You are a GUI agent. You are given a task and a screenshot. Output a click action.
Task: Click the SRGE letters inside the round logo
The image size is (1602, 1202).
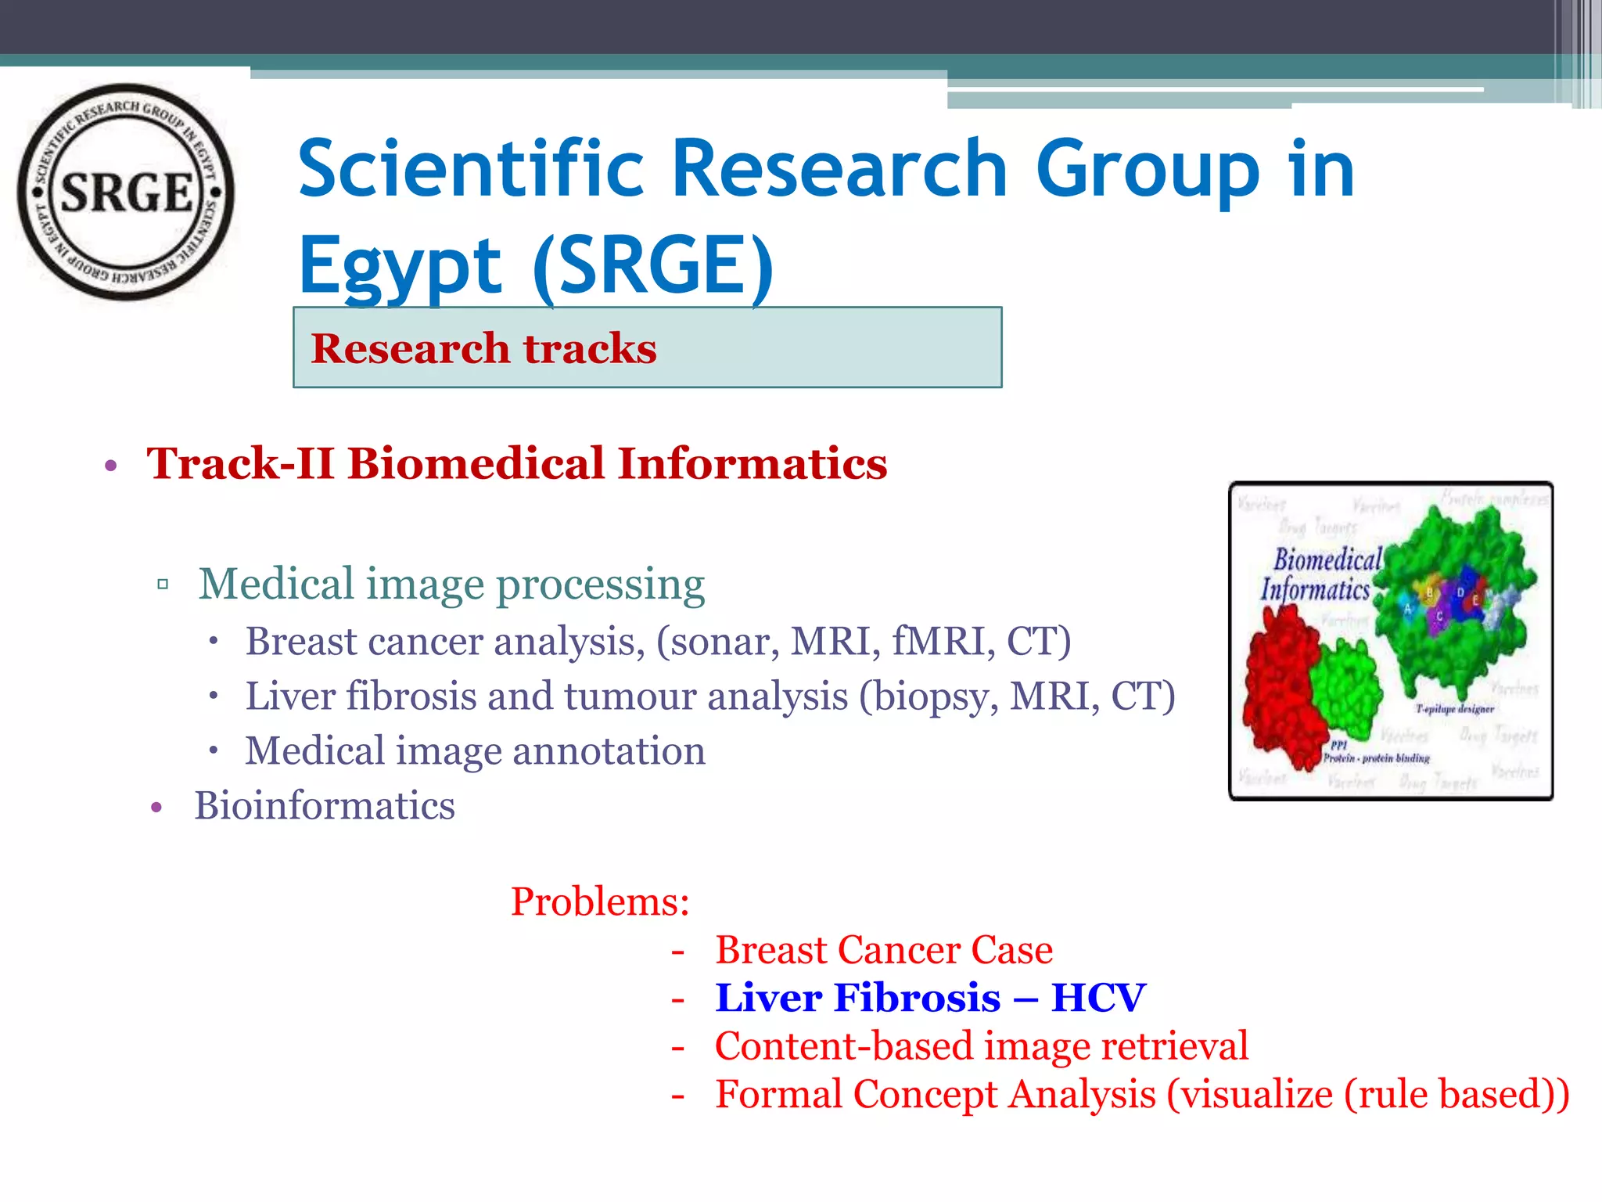tap(127, 193)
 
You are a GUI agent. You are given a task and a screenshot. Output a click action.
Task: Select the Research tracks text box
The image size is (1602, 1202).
tap(647, 347)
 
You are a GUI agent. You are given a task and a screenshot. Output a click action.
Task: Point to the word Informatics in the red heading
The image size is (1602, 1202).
tap(752, 463)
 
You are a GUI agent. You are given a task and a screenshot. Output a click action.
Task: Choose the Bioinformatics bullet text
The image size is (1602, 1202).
tap(324, 806)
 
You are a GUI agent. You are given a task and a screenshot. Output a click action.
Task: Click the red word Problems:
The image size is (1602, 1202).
tap(600, 901)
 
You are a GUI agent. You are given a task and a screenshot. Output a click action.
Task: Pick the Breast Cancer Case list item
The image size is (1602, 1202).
tap(883, 950)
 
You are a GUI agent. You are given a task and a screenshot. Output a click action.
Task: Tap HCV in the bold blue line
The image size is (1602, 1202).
tap(1097, 998)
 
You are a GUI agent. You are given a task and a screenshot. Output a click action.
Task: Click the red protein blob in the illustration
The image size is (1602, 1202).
tap(1283, 689)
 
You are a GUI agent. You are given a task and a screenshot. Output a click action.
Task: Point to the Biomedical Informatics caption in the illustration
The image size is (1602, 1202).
tap(1322, 574)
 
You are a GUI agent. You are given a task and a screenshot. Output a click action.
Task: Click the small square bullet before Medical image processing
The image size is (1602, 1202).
tap(163, 585)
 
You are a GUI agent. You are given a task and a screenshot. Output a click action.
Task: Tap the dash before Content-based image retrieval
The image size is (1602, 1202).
tap(677, 1047)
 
